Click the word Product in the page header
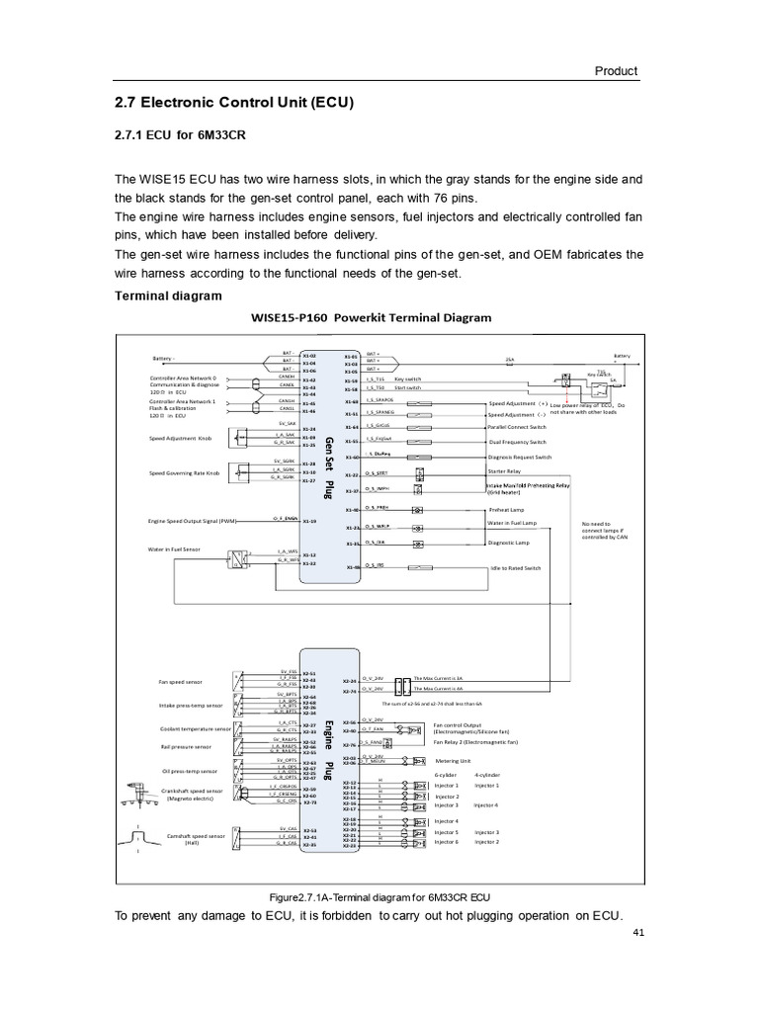click(616, 71)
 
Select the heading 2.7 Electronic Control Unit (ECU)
click(235, 102)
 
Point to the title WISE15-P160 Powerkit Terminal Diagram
click(372, 317)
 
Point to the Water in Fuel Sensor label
click(174, 548)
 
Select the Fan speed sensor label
click(180, 682)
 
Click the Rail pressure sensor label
click(185, 746)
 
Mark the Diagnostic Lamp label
click(510, 543)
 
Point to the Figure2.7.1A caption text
click(379, 896)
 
